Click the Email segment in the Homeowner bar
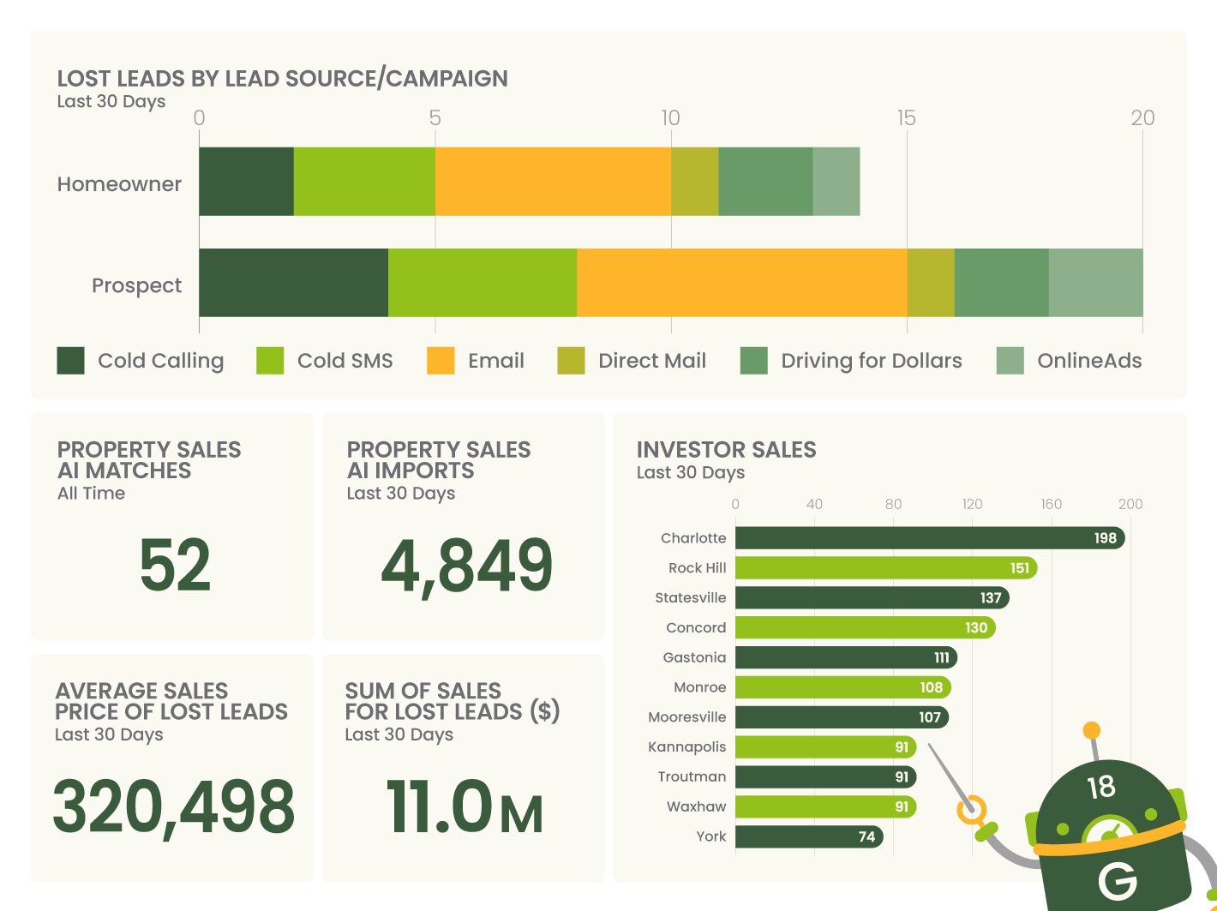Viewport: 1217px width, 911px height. tap(553, 182)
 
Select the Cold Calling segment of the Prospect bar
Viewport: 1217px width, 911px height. tap(293, 283)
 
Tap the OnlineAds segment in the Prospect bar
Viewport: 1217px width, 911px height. tap(1095, 283)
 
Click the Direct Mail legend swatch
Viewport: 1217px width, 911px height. tap(571, 361)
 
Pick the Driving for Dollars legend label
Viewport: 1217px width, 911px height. tap(871, 361)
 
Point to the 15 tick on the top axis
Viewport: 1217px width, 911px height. tap(906, 118)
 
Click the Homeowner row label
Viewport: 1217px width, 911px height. tap(119, 184)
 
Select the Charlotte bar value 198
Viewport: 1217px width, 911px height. tap(1105, 538)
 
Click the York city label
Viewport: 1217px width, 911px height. tap(710, 836)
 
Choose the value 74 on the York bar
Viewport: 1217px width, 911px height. tap(866, 836)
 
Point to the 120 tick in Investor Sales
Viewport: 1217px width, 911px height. tap(972, 504)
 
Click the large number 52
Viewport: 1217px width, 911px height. tap(174, 566)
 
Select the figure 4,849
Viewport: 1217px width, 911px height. tap(466, 566)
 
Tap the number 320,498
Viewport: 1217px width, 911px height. tap(174, 807)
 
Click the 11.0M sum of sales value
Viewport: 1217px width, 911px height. tap(465, 807)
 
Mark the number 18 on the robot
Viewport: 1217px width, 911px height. tap(1100, 787)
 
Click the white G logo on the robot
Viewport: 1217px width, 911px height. tap(1117, 880)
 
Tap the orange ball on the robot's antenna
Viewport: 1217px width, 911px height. tap(1091, 731)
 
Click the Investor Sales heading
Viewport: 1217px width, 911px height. tap(726, 450)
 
